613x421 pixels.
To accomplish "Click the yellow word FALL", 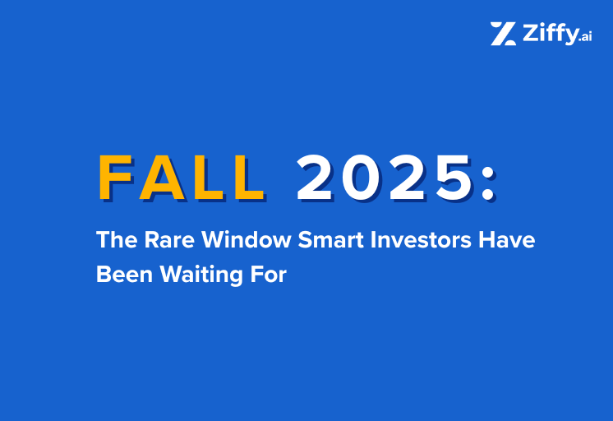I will pyautogui.click(x=182, y=178).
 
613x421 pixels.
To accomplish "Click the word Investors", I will pyautogui.click(x=408, y=241).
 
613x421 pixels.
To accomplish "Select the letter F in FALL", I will pyautogui.click(x=117, y=178).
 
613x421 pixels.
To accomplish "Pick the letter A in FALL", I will pyautogui.click(x=163, y=178).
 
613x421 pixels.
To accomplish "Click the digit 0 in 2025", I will pyautogui.click(x=355, y=178).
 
